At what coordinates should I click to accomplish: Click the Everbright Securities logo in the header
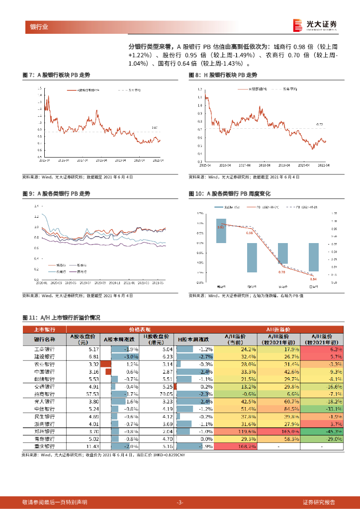314,24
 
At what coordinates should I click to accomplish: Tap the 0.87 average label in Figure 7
154,128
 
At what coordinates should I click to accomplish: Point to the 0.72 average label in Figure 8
320,124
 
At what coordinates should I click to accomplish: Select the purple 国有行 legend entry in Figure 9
80,271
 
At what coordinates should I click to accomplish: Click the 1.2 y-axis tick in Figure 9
36,217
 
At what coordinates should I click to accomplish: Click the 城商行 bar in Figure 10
221,231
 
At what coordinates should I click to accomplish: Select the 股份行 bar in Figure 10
252,257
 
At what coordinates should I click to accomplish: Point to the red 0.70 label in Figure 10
282,272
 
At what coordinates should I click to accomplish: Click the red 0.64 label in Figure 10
313,279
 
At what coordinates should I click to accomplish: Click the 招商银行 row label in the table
44,394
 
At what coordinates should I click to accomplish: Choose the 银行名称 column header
44,339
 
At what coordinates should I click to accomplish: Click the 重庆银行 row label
44,447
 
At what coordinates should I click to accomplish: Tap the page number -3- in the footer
180,502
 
